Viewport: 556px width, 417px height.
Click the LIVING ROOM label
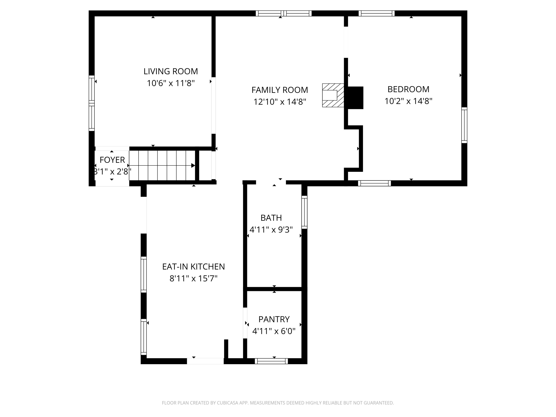171,71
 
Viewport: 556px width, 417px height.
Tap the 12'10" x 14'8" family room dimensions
279,102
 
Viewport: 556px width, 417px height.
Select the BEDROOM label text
408,89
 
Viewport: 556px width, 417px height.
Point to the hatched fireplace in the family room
333,95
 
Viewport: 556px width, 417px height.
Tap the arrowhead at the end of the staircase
193,165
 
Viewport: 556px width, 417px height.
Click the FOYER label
112,160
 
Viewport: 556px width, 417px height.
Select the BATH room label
271,218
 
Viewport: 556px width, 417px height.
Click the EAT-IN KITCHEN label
193,267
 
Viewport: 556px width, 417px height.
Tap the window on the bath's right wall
304,212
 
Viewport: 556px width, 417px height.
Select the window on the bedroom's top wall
376,13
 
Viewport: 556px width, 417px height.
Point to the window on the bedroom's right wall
464,125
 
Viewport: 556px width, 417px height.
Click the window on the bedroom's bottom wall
374,183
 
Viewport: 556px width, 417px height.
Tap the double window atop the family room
284,13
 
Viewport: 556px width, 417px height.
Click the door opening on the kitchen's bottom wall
205,361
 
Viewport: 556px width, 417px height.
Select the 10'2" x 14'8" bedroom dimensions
408,101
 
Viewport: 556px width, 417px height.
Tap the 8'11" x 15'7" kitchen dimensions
193,279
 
